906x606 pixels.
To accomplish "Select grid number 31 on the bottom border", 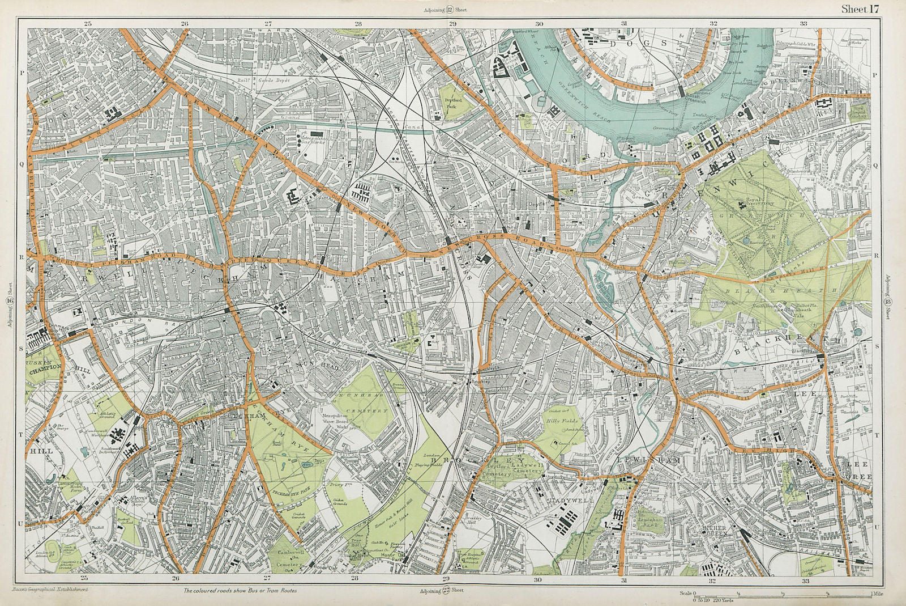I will [624, 580].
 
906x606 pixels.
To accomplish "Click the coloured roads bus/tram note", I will [240, 591].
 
